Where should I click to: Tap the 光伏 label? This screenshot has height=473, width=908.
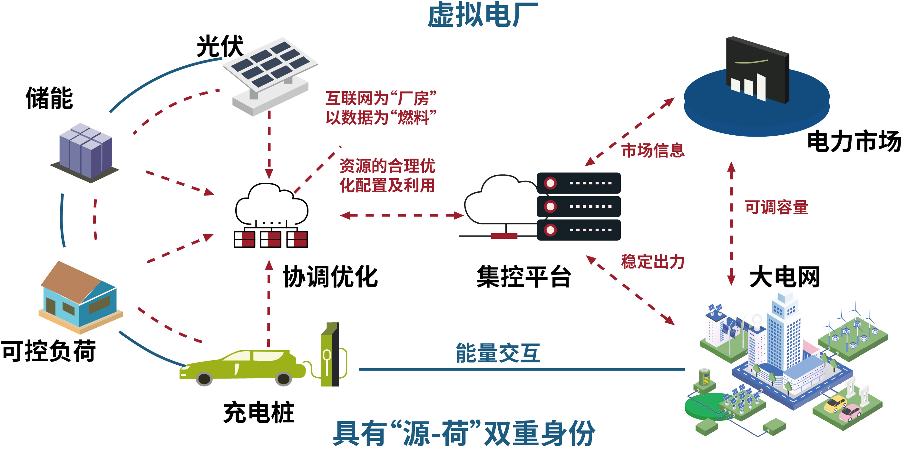tap(220, 46)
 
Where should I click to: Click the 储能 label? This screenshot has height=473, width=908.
tap(49, 98)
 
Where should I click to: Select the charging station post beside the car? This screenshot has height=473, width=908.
tap(330, 354)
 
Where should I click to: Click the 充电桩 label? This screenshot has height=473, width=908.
tap(259, 412)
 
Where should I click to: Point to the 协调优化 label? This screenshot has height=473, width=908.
tap(330, 277)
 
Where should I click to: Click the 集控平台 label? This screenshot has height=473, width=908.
tap(523, 277)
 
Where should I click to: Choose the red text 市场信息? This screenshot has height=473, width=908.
tap(652, 150)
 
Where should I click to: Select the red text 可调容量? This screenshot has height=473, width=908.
tap(776, 207)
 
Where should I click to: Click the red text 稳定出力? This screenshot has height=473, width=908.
tap(652, 262)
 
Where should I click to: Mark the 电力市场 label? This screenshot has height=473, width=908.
tap(854, 141)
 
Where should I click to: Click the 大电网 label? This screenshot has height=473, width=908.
tap(784, 277)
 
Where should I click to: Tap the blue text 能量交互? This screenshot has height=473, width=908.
tap(498, 353)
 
